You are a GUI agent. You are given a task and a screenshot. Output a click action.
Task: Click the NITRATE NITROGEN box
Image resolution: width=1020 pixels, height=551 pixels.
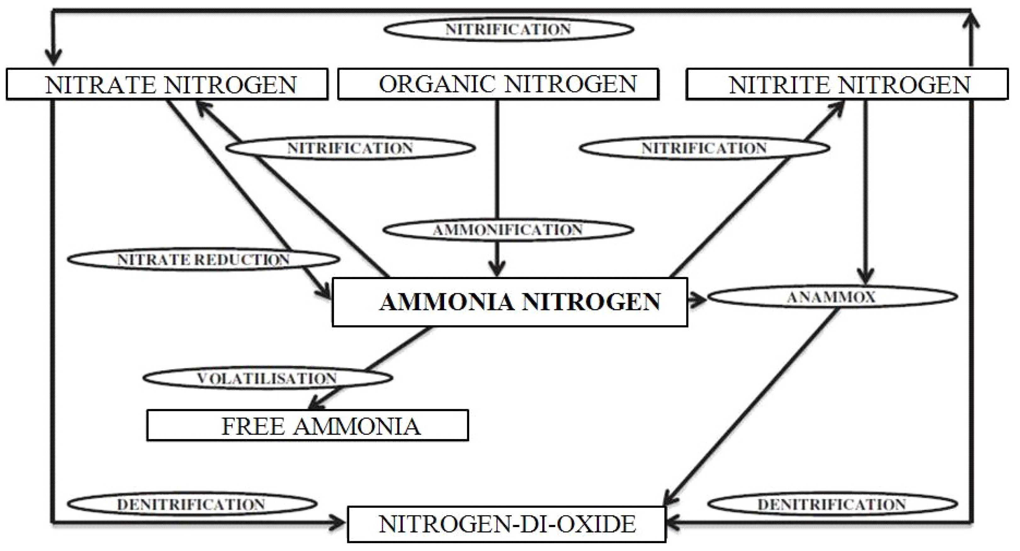point(167,84)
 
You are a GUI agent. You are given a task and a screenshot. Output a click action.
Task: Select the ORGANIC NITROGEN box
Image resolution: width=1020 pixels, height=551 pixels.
point(498,84)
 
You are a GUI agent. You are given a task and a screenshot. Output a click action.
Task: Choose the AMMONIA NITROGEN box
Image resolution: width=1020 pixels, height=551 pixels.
point(510,302)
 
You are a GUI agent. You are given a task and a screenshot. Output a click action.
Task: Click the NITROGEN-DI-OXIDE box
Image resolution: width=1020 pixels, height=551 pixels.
point(506,524)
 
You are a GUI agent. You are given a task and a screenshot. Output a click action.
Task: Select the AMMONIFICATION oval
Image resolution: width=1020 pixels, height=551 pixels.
point(508,230)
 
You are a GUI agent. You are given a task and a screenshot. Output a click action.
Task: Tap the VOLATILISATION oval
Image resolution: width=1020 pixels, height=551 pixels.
point(268,378)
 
